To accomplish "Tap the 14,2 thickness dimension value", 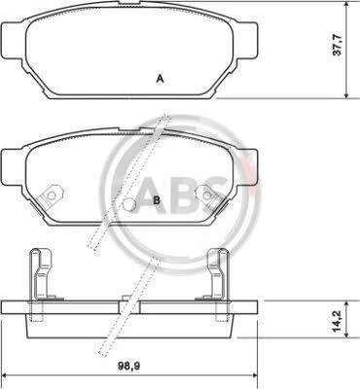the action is (338, 320).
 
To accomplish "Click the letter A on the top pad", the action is (160, 79).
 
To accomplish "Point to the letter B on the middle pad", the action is (157, 200).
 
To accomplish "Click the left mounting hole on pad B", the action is (52, 195).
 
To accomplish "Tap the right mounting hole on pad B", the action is (206, 194).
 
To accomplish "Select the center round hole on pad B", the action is (129, 204).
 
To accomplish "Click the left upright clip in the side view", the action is (40, 274).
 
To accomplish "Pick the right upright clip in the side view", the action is (219, 274).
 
